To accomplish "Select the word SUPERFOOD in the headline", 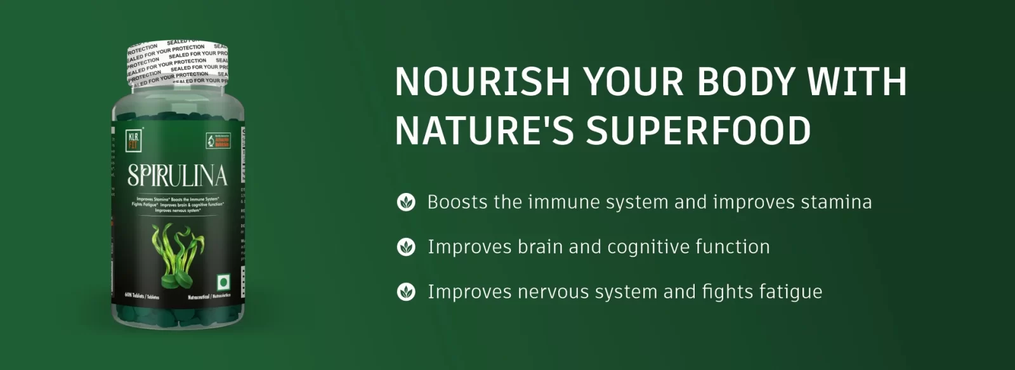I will coord(698,129).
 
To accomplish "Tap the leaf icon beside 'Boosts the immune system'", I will coord(406,202).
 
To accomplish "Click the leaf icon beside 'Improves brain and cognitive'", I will coord(406,247).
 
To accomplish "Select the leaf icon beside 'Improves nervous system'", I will coord(406,292).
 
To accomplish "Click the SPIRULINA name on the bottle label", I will coord(177,176).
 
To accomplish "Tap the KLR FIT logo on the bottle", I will coord(134,140).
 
